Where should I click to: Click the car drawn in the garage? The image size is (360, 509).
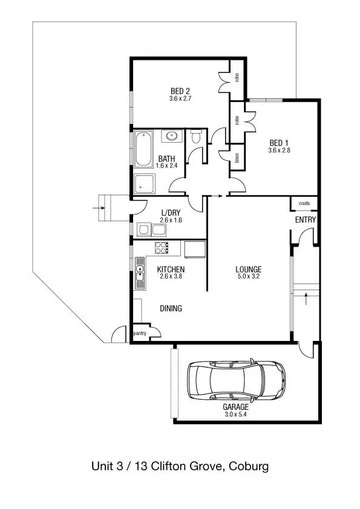click(236, 381)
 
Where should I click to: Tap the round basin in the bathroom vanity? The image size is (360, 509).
click(171, 136)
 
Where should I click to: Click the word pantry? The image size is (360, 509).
click(140, 333)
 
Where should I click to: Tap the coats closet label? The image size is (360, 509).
click(304, 204)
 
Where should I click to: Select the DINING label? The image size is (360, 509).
click(171, 308)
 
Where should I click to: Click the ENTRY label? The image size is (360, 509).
click(305, 220)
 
